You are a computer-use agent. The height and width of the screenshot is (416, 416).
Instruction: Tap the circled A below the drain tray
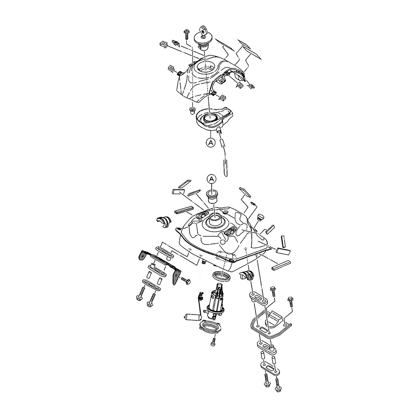click(x=210, y=142)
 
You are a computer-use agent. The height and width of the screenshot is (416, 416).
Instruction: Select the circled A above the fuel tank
click(x=211, y=179)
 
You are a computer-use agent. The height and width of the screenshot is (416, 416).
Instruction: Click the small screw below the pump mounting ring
click(x=213, y=342)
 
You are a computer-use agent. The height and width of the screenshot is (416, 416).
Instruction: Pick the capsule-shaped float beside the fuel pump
click(x=191, y=317)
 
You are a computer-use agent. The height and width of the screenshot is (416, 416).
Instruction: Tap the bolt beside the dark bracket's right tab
click(x=186, y=280)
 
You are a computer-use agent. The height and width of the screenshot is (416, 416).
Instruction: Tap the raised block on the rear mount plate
click(x=274, y=318)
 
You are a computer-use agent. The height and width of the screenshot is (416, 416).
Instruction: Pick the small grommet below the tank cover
click(x=191, y=111)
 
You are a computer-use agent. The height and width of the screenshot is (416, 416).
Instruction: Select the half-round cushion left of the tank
click(x=163, y=222)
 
